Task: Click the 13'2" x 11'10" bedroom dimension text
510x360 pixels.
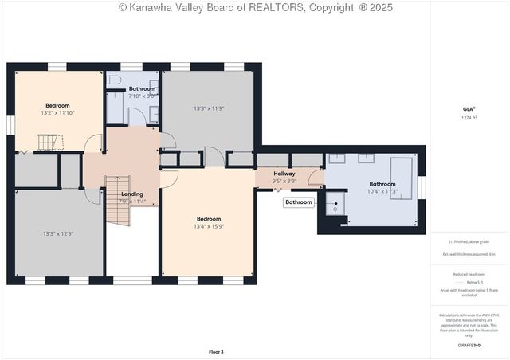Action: point(57,113)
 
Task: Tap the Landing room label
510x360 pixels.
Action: point(131,194)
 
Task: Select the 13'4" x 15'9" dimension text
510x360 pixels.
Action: point(209,226)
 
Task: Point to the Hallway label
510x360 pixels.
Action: point(284,173)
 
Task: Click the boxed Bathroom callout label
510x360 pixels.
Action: point(299,202)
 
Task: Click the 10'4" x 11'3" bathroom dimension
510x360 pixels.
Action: point(382,191)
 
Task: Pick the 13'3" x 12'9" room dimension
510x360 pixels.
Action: point(58,233)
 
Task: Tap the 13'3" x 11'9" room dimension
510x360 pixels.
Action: point(209,108)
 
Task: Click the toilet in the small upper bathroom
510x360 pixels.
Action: point(114,80)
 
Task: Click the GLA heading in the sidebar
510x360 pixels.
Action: point(469,109)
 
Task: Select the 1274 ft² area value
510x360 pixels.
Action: point(469,118)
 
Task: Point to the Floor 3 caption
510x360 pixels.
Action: point(216,351)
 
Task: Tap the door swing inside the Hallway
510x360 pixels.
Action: point(316,180)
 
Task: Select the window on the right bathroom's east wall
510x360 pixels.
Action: point(422,186)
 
